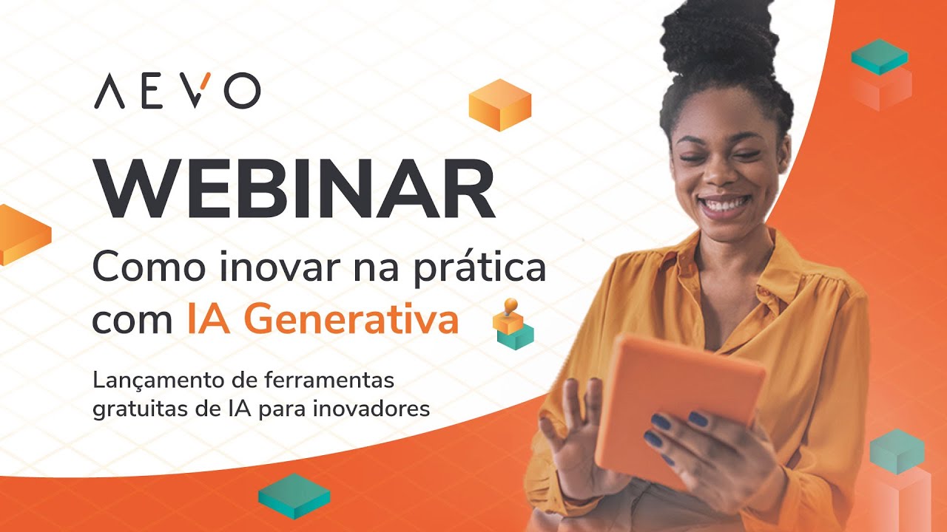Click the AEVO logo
tap(177, 92)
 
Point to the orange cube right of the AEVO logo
tap(500, 105)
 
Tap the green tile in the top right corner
tap(879, 57)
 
